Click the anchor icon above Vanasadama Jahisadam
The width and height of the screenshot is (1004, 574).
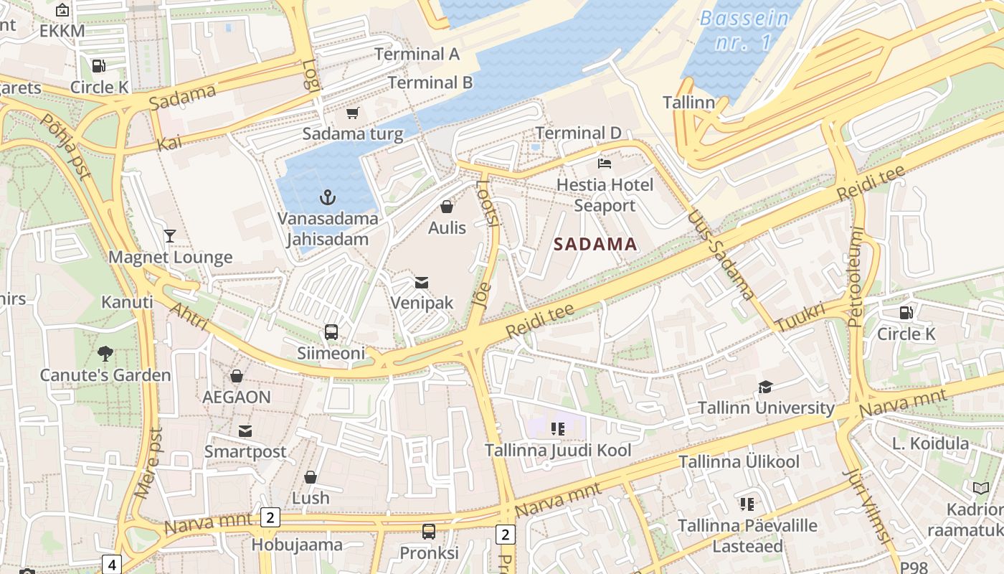point(328,197)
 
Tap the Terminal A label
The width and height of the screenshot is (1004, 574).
point(417,54)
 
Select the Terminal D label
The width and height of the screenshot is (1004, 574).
point(578,133)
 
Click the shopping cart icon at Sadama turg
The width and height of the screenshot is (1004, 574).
point(352,113)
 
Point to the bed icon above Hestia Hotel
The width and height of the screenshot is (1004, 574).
point(605,164)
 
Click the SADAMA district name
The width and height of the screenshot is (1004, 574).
point(595,244)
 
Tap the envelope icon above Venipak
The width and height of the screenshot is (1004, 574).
point(422,283)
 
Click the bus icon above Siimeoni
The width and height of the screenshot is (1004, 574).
point(331,332)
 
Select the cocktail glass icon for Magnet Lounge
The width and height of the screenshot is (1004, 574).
point(170,236)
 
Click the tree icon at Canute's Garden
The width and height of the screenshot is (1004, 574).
point(105,354)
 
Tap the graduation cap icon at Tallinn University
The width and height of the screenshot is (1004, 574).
point(765,387)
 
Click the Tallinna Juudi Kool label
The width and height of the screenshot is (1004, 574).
point(558,451)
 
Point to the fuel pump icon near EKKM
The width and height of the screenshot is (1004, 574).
point(98,66)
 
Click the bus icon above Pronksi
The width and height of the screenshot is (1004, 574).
point(428,532)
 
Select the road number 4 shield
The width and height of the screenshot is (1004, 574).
point(111,564)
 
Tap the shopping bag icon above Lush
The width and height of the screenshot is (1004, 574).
point(311,477)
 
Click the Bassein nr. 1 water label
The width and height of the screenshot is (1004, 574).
point(744,30)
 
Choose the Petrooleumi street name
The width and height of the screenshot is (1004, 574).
point(856,277)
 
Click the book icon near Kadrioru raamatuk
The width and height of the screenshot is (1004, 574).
point(981,489)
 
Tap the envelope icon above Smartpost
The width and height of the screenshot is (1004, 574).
point(245,430)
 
